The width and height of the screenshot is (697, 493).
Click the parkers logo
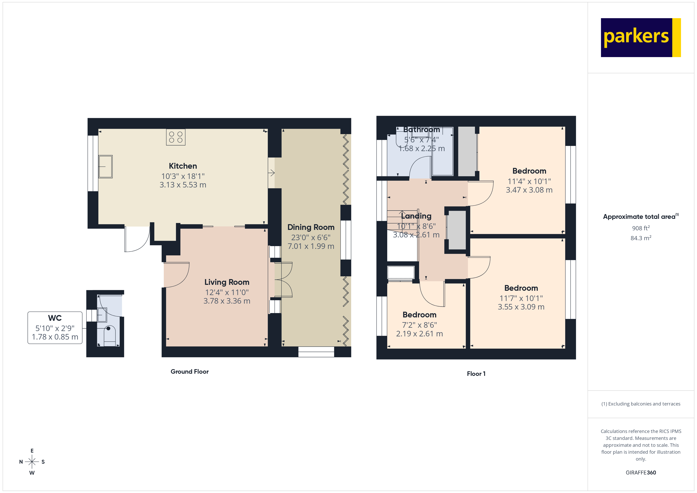click(x=640, y=38)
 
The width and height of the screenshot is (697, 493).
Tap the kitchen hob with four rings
click(x=175, y=137)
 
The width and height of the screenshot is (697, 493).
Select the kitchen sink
click(x=105, y=167)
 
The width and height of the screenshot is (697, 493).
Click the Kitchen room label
click(x=183, y=166)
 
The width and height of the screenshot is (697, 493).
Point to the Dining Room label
click(x=311, y=227)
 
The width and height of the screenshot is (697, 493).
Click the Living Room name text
click(x=227, y=282)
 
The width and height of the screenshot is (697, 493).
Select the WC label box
click(x=55, y=327)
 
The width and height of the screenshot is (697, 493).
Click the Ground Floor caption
click(x=189, y=372)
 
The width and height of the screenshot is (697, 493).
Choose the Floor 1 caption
click(x=476, y=374)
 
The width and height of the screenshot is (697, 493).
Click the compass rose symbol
click(x=32, y=462)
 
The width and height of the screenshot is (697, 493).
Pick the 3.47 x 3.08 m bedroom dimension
click(x=529, y=190)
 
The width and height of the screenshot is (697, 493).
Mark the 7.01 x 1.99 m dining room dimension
click(x=311, y=246)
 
